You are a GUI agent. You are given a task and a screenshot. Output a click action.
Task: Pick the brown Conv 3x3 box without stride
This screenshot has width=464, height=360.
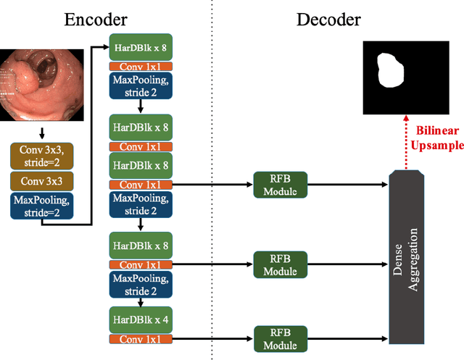tap(41, 180)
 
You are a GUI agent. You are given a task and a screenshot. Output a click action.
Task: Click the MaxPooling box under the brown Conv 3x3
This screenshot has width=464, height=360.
tap(41, 205)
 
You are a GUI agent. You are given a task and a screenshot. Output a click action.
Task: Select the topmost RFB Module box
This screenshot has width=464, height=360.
tap(281, 185)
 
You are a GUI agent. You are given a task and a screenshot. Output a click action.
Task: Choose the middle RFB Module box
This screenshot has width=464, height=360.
tap(281, 264)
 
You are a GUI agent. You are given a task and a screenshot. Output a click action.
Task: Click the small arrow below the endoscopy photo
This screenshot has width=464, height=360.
tap(41, 133)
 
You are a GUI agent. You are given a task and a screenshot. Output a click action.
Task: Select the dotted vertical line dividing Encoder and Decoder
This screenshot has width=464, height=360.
tap(211, 181)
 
